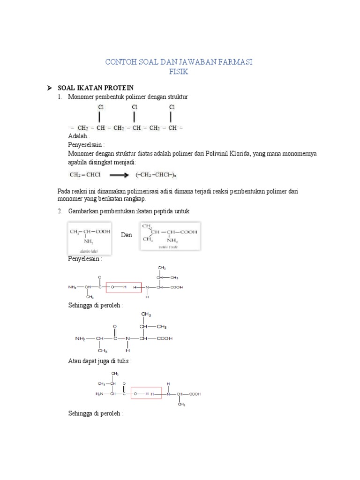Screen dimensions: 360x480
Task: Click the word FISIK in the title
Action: click(x=180, y=72)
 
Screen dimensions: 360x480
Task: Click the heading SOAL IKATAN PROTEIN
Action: click(x=96, y=88)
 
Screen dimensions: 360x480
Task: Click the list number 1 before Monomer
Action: click(x=60, y=97)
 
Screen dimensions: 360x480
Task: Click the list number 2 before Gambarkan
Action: click(x=60, y=211)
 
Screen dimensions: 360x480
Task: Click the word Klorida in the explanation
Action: click(x=234, y=153)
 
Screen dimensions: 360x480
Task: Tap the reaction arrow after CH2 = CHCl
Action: click(x=119, y=175)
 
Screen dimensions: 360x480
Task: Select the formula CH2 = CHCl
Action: click(x=83, y=175)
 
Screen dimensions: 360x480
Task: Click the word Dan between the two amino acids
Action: click(x=127, y=235)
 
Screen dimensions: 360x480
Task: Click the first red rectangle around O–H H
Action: click(x=124, y=287)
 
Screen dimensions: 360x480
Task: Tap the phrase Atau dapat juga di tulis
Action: click(x=100, y=361)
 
